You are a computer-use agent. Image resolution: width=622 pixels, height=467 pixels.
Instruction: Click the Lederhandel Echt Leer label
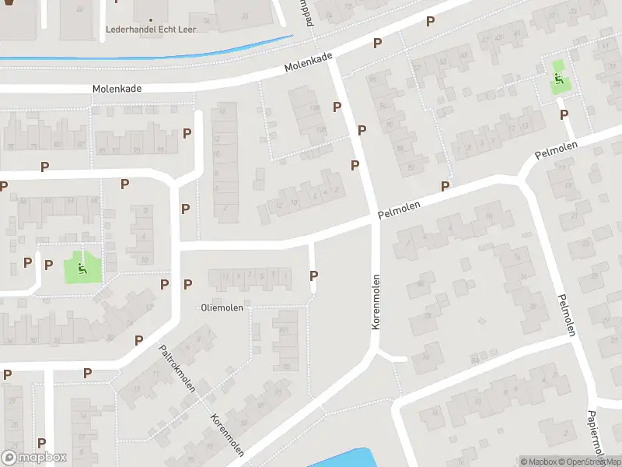pos(151,30)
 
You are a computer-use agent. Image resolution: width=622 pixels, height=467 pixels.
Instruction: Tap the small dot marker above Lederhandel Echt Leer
pos(151,19)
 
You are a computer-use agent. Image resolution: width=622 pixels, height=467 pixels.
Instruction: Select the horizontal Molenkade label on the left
pos(117,89)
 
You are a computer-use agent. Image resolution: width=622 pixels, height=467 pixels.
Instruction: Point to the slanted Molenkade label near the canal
pos(308,63)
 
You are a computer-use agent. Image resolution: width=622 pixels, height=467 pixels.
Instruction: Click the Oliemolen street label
pos(222,307)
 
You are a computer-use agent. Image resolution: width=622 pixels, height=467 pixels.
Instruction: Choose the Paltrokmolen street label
pos(177,369)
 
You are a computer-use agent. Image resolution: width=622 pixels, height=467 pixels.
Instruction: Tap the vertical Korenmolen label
pos(376,301)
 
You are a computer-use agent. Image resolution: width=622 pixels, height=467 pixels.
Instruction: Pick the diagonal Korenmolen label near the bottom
pos(227,435)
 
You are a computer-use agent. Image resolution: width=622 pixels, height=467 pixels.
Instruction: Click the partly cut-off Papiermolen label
pos(596,437)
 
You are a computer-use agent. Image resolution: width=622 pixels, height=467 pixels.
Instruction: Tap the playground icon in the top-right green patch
pos(559,79)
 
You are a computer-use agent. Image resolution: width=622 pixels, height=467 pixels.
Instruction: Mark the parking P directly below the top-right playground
pos(564,114)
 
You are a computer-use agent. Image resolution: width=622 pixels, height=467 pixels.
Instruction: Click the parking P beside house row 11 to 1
pos(314,276)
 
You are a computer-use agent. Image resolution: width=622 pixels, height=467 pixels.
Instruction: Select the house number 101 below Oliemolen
pos(284,329)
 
